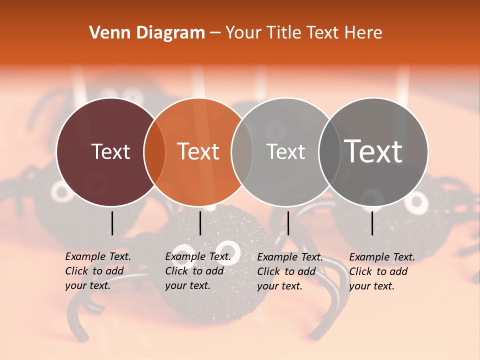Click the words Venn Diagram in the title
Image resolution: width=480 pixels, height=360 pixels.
147,33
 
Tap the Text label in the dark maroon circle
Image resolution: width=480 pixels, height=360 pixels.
110,151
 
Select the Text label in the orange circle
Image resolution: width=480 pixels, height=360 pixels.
198,151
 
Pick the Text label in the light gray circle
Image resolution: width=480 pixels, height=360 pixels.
285,151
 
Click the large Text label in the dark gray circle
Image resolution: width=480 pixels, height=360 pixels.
373,151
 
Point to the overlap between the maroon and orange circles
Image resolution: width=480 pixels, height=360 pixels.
154,152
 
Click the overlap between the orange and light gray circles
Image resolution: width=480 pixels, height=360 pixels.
242,152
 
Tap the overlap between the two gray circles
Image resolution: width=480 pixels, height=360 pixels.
329,152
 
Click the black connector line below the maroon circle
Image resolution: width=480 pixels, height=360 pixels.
112,223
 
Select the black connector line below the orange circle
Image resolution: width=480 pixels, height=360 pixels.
200,223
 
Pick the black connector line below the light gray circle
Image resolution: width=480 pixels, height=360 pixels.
288,223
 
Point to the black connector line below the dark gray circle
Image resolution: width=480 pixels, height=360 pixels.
372,223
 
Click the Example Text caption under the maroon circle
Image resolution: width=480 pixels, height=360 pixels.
98,271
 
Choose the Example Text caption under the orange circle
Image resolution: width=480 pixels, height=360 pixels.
198,271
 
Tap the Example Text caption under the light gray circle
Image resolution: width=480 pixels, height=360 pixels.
290,271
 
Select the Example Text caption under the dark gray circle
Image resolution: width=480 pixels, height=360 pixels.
382,271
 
